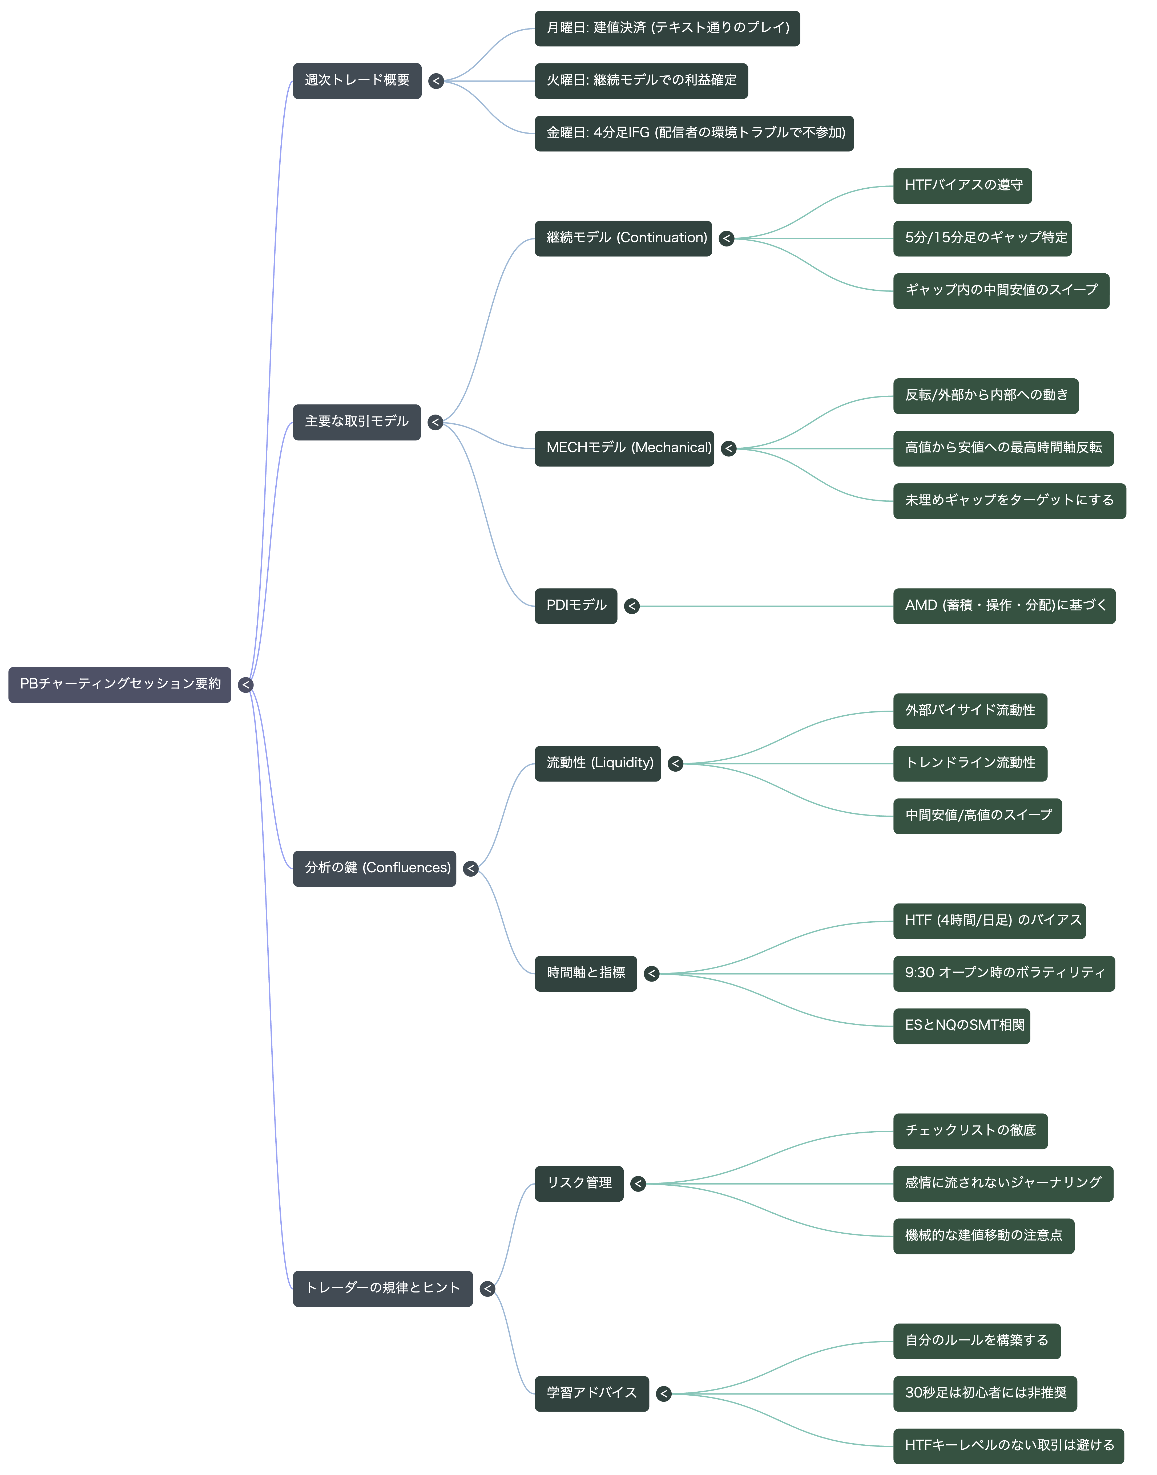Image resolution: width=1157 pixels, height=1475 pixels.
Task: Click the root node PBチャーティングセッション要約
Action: coord(120,685)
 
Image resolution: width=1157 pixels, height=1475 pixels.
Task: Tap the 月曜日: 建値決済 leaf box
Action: coord(667,29)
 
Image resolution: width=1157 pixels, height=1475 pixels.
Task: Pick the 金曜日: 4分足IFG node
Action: coord(694,133)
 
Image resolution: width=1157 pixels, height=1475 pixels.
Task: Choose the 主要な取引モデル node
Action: coord(357,422)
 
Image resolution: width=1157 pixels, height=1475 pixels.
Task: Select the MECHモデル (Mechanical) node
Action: coord(624,448)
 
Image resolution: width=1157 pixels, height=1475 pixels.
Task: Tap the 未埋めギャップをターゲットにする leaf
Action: coord(1009,501)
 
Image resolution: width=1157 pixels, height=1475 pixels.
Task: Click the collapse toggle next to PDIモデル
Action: coord(632,606)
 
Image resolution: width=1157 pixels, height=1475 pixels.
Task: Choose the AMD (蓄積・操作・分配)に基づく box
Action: coord(1005,606)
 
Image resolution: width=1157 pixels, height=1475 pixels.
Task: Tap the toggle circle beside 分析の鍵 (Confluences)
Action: coord(471,869)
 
